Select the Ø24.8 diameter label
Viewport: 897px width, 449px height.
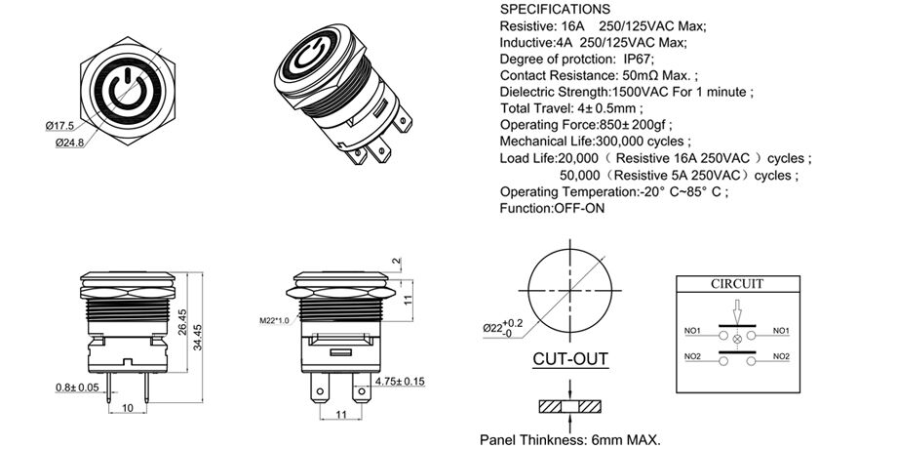60,143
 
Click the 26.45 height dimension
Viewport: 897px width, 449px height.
184,322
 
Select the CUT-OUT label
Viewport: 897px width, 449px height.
570,359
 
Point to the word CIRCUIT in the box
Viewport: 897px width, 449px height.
736,284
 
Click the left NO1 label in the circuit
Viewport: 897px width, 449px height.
694,331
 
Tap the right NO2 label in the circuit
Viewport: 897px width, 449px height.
780,356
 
